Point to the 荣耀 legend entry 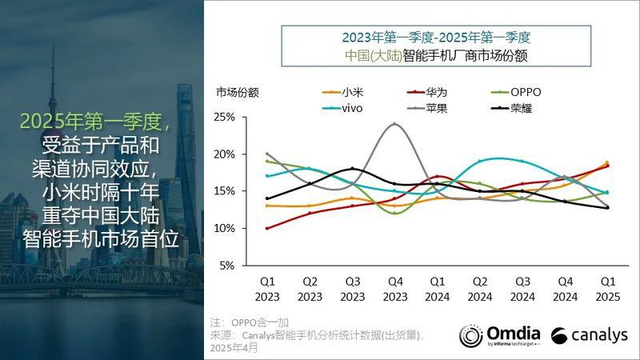[521, 108]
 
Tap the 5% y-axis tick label [226, 266]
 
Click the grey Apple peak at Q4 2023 [394, 124]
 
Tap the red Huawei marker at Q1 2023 [267, 228]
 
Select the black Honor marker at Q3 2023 [352, 169]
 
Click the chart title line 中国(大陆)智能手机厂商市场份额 [435, 56]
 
